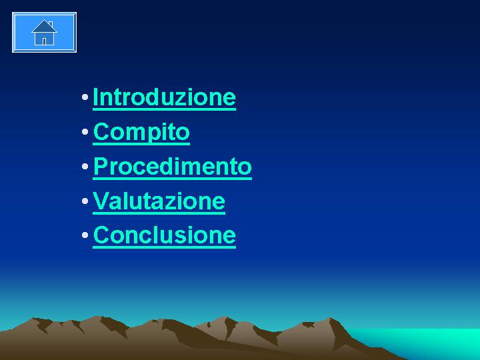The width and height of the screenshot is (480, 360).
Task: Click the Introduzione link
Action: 164,97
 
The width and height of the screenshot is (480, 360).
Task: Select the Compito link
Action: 141,133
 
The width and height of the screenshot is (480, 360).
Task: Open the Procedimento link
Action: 173,167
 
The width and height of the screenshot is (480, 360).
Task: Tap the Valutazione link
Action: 159,202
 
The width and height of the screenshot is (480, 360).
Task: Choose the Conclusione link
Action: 165,236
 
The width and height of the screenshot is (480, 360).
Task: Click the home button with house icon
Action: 45,33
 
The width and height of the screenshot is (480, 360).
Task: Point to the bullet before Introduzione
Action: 85,97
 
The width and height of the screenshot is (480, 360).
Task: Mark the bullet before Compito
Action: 85,132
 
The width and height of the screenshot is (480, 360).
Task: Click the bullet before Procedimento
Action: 85,167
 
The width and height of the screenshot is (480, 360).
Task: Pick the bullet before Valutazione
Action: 85,201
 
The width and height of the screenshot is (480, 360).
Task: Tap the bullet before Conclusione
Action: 85,235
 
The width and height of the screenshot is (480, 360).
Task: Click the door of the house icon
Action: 45,41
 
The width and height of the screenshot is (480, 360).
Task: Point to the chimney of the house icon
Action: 51,24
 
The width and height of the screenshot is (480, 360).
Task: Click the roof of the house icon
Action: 45,27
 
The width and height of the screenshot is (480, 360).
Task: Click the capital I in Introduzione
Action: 95,97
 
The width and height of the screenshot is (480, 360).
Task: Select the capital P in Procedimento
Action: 100,166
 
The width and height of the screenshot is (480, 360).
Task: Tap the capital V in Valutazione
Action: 101,201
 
